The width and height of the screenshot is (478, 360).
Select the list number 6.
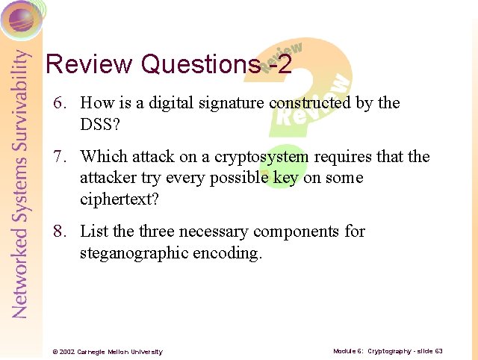point(59,103)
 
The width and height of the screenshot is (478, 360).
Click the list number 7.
point(59,157)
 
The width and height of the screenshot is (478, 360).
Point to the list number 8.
point(59,232)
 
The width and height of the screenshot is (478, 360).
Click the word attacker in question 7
point(107,179)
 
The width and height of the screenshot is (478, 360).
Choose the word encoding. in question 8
point(228,254)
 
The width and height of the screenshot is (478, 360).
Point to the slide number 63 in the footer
point(438,351)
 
